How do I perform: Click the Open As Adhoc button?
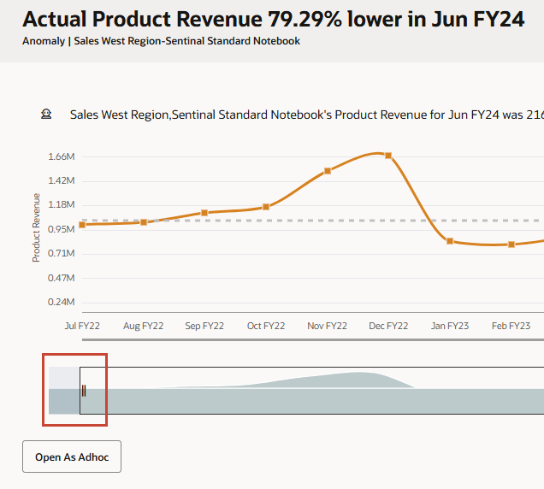coord(72,457)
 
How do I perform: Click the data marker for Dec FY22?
coord(388,156)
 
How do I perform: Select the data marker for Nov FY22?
coord(328,171)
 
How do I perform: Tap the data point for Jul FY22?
coord(82,225)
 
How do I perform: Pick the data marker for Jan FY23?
coord(450,241)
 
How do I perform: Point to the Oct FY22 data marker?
coord(266,207)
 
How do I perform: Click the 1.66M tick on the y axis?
coord(62,156)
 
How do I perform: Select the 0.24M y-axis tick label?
coord(62,302)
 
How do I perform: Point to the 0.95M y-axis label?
coord(62,229)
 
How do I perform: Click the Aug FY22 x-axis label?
coord(144,326)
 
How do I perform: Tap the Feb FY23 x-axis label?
coord(511,326)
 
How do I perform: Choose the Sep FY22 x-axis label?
coord(204,326)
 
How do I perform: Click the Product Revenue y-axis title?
coord(37,227)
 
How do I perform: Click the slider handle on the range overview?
coord(84,392)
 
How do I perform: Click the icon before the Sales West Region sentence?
coord(46,114)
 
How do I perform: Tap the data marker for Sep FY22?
coord(204,213)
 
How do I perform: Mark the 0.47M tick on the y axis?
coord(62,278)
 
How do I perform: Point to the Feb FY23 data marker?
coord(511,244)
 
